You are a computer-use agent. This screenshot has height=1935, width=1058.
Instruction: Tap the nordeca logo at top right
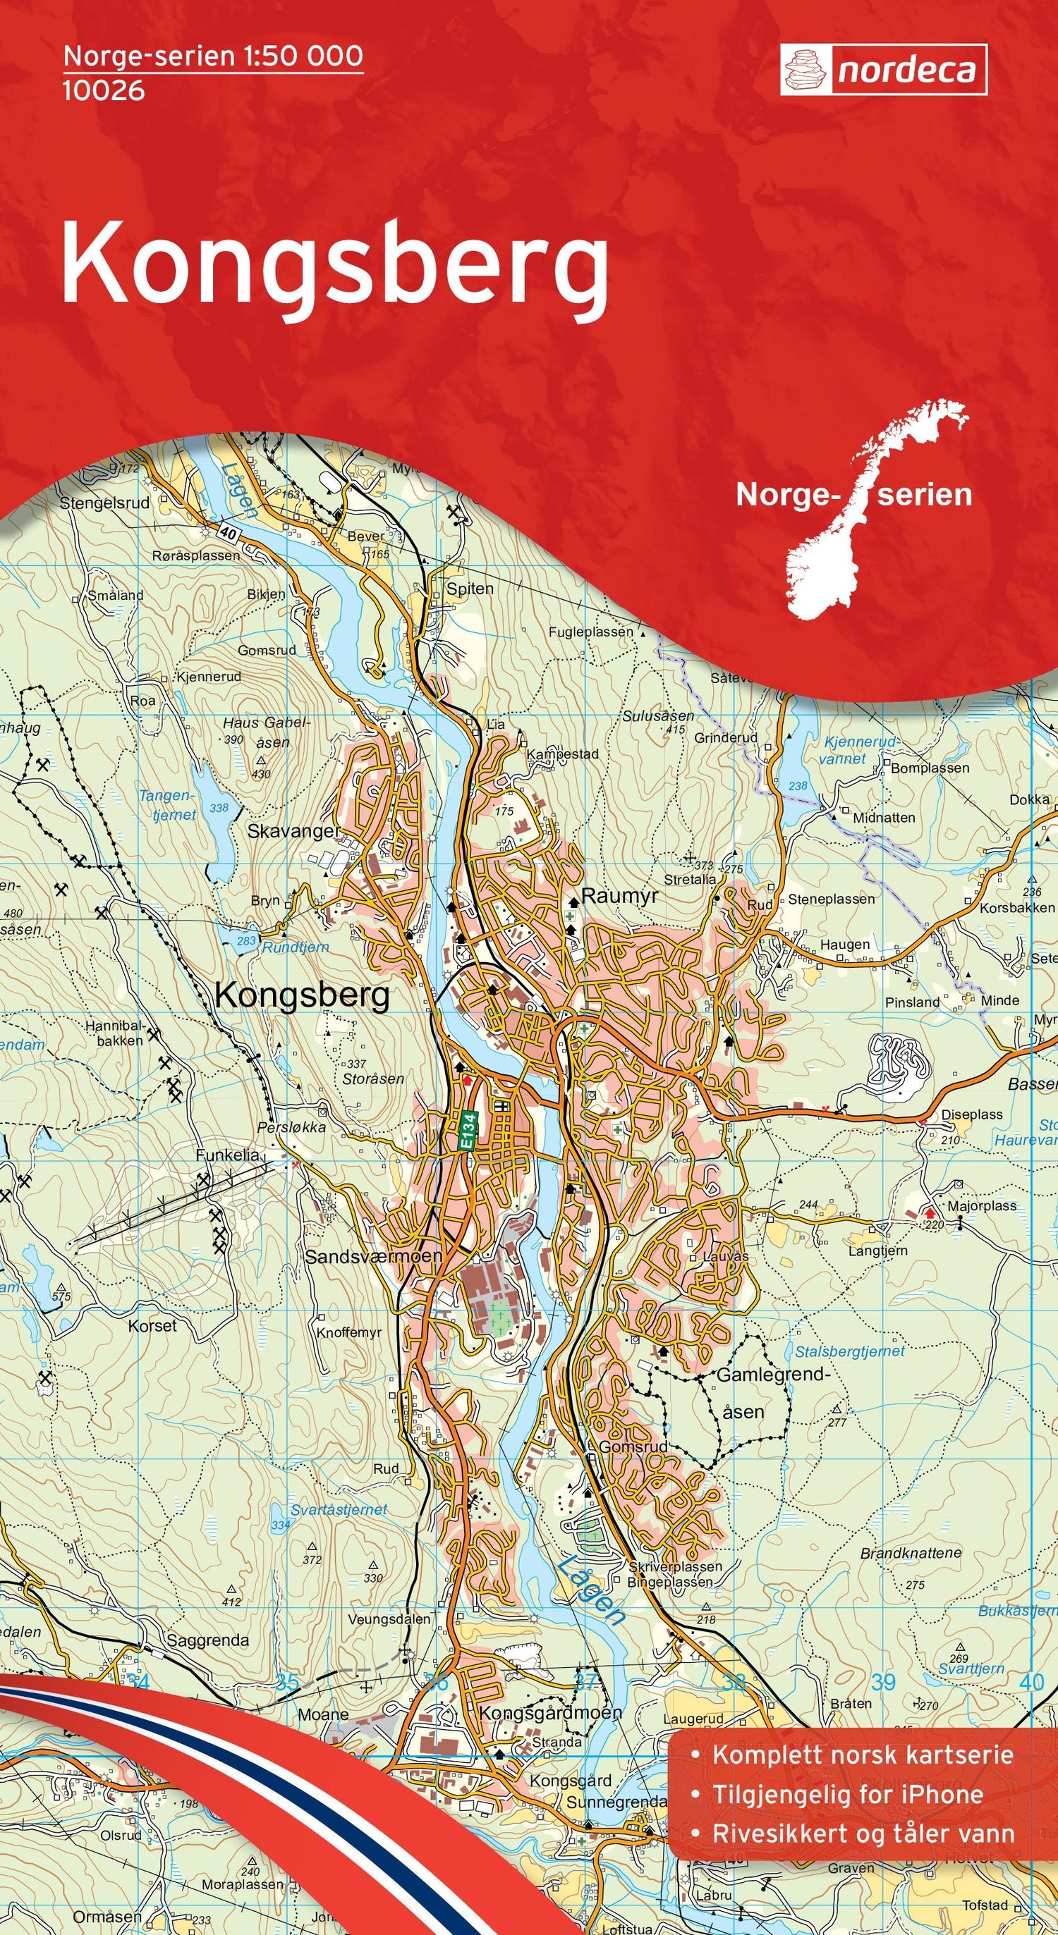[884, 70]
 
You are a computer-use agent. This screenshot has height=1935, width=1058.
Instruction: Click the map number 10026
[104, 91]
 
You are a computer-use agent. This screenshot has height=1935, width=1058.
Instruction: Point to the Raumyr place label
[620, 896]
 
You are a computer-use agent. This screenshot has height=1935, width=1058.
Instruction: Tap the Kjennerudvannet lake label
[861, 749]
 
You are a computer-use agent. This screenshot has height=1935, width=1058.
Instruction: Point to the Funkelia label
[227, 1155]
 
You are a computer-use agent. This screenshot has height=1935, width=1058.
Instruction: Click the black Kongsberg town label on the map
[302, 995]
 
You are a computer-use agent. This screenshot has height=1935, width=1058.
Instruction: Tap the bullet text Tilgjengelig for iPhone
[848, 1726]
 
